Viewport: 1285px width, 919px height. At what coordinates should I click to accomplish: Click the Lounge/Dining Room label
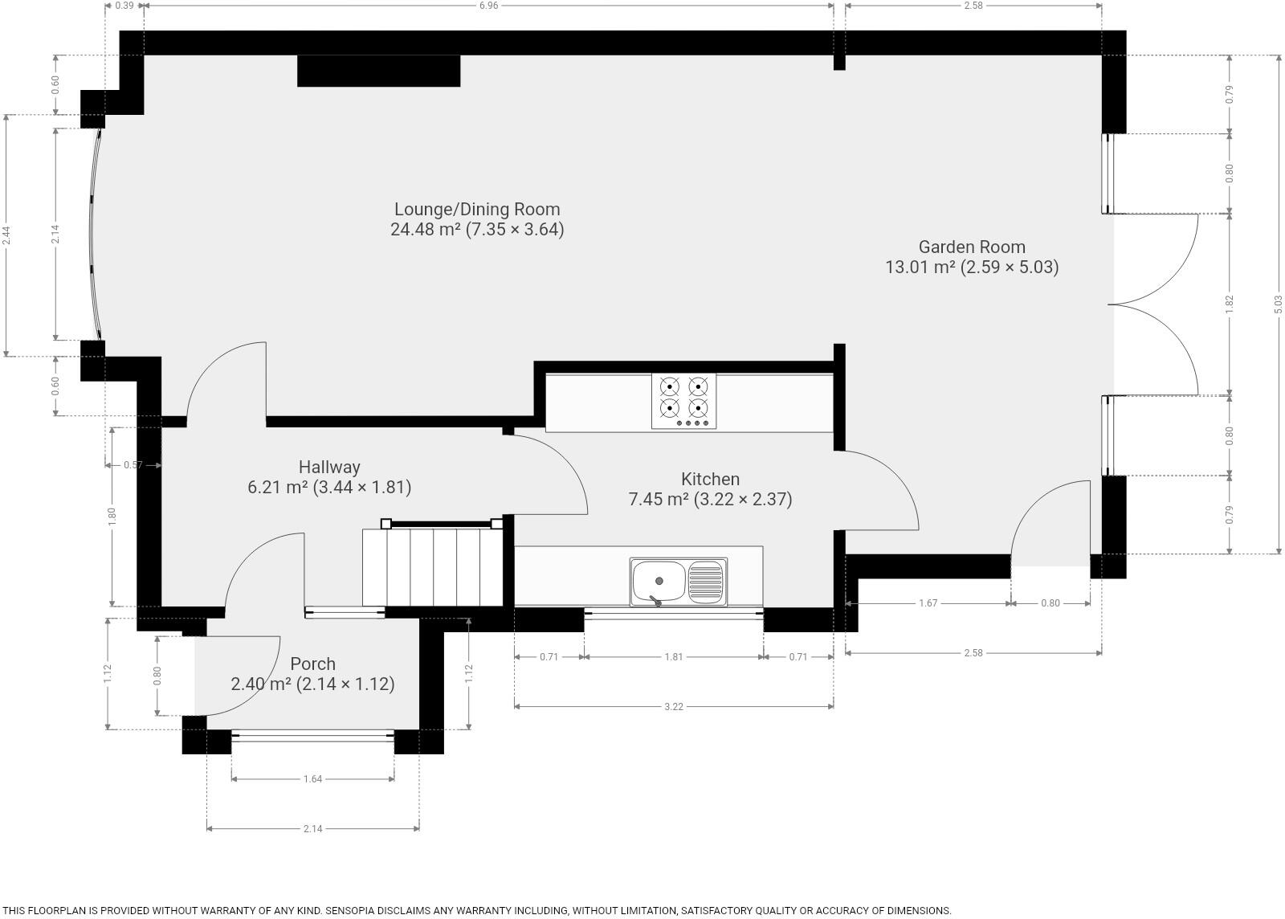[x=477, y=210]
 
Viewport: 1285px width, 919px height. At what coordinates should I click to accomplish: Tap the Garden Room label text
[x=972, y=247]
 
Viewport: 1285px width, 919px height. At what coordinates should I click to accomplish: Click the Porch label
[x=312, y=664]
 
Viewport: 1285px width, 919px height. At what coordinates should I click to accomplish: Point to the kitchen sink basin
[x=659, y=581]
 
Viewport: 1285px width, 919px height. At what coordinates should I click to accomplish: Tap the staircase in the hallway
[x=433, y=567]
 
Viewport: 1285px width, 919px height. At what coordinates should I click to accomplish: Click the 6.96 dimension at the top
[x=488, y=6]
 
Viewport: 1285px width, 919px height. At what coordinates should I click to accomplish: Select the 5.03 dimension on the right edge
[x=1278, y=304]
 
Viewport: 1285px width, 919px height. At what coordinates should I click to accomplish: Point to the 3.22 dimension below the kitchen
[x=673, y=707]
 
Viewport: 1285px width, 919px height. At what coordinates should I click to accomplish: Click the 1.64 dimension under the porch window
[x=312, y=779]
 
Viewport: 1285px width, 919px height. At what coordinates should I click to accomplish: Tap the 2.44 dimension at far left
[x=6, y=235]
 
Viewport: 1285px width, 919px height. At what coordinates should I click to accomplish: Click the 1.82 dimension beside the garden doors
[x=1230, y=304]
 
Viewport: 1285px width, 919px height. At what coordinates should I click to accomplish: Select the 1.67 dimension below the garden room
[x=928, y=603]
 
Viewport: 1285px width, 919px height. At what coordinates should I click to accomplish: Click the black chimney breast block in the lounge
[x=378, y=71]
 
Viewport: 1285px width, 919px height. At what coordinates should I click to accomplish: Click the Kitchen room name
[x=710, y=480]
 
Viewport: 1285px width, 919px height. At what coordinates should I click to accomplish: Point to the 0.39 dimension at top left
[x=124, y=6]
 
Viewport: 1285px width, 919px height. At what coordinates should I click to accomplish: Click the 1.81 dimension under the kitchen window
[x=673, y=657]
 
